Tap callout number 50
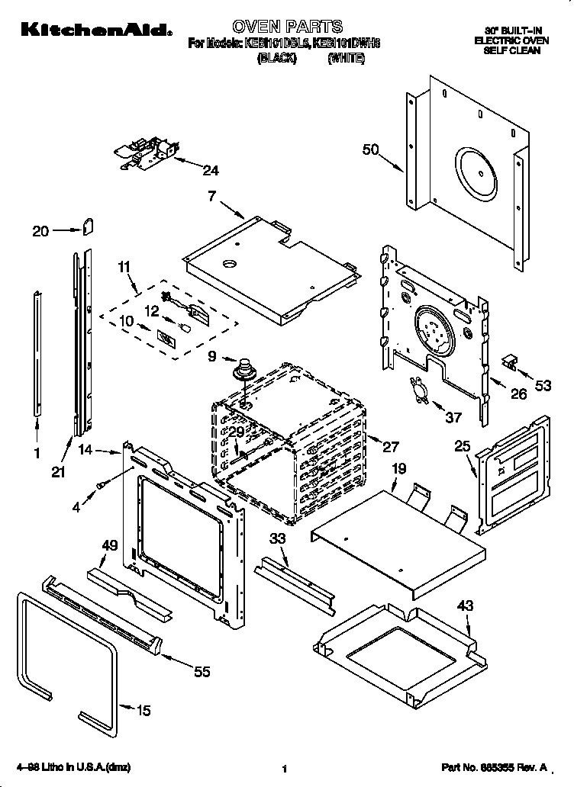[370, 150]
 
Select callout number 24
[211, 169]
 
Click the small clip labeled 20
[89, 226]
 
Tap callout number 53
[543, 387]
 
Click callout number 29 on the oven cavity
[237, 432]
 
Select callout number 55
[202, 671]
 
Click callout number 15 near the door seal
[142, 711]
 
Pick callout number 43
[466, 606]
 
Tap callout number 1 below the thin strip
[36, 453]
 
